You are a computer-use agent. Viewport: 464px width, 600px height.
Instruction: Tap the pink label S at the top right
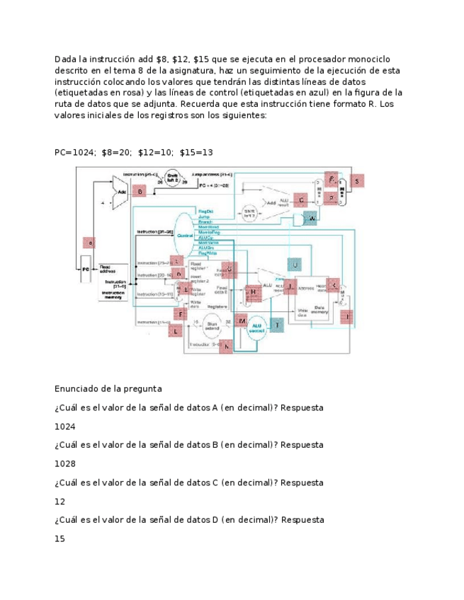(x=357, y=181)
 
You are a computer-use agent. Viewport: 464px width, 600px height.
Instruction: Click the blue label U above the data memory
(x=295, y=265)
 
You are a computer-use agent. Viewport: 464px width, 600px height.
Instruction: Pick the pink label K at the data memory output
(x=334, y=285)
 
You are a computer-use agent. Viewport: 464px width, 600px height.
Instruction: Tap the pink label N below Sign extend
(x=226, y=346)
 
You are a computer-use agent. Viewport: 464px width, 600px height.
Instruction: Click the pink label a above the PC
(x=89, y=243)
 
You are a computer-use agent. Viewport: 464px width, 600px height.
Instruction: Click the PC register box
(x=85, y=270)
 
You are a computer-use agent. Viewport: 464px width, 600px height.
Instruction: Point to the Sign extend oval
(x=210, y=325)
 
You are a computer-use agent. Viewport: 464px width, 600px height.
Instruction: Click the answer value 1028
(x=64, y=464)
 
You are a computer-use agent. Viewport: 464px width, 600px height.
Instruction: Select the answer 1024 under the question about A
(x=64, y=427)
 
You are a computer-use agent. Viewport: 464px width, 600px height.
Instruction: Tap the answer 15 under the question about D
(x=60, y=538)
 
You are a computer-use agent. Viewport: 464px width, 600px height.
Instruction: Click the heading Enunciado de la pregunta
(x=108, y=388)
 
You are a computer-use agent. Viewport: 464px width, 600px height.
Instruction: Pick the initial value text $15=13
(x=196, y=152)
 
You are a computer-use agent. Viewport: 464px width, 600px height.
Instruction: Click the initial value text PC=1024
(x=74, y=152)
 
